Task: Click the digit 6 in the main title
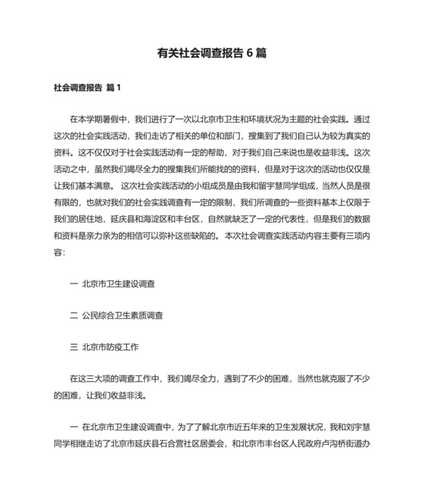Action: coord(249,53)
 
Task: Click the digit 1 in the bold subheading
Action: coord(119,88)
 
